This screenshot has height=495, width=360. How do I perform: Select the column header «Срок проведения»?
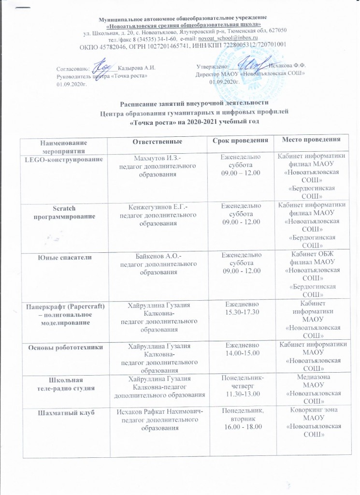click(241, 141)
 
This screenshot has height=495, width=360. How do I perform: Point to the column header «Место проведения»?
click(309, 140)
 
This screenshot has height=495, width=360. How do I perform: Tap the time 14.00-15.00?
click(241, 354)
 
